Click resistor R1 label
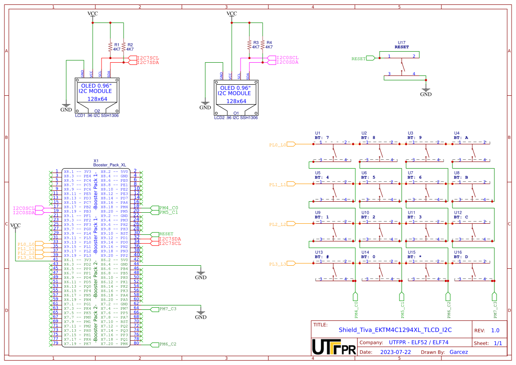click(117, 45)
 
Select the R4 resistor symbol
click(263, 45)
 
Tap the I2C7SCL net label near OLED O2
click(148, 58)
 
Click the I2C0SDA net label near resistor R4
click(287, 62)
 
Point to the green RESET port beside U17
click(358, 58)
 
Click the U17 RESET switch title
click(401, 47)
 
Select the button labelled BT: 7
click(322, 138)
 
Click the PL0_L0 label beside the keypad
click(278, 145)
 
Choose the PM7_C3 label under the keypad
click(495, 310)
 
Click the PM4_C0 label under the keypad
click(356, 310)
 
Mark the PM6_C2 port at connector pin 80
click(167, 344)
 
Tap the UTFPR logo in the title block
click(333, 347)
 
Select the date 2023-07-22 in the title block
click(395, 352)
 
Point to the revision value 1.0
click(495, 330)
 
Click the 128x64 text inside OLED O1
click(236, 101)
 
